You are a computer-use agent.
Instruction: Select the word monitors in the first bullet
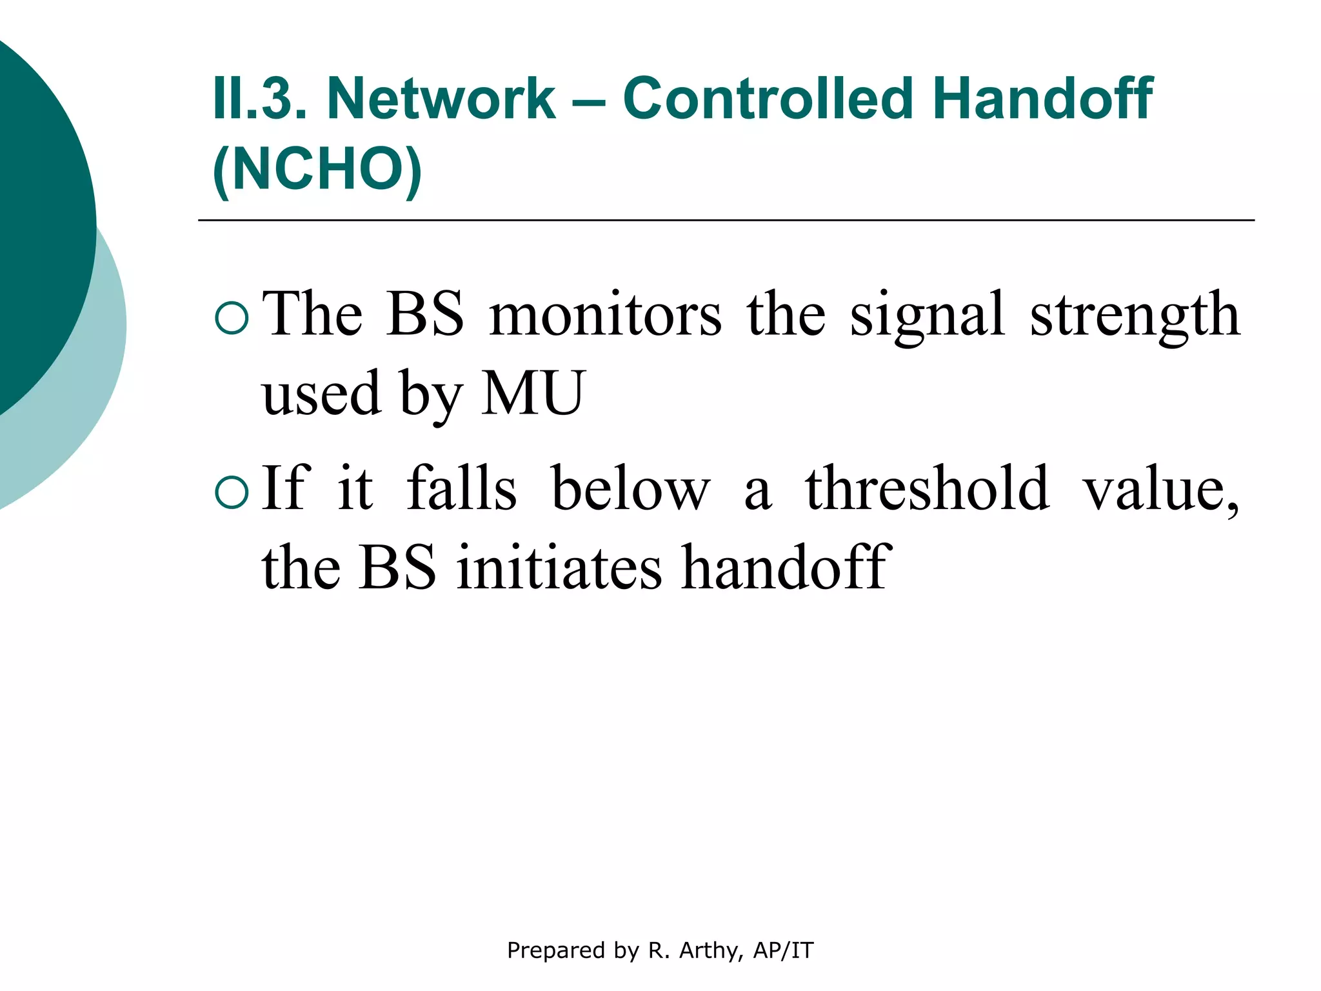(605, 315)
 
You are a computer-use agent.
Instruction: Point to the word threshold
(927, 489)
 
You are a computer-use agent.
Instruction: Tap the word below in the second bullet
(631, 489)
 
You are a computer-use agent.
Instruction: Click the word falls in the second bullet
(461, 489)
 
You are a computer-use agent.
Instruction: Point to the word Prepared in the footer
(556, 950)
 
